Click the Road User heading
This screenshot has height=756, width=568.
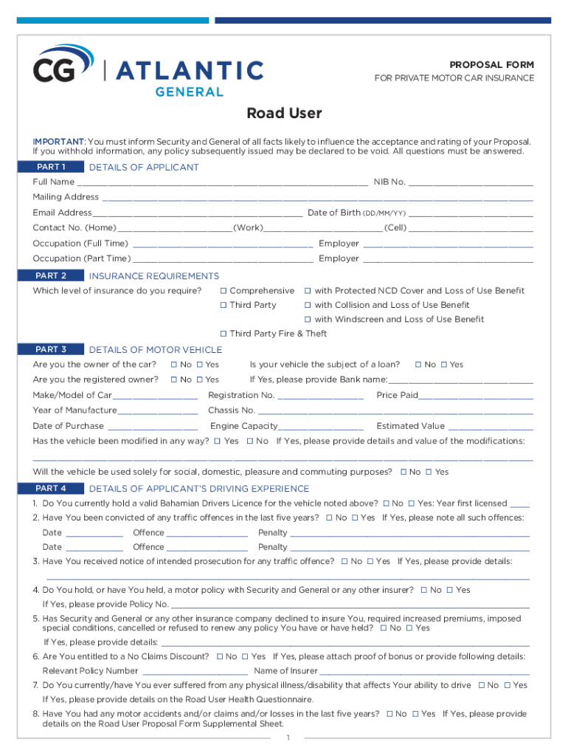point(284,114)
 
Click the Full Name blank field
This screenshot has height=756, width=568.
point(221,183)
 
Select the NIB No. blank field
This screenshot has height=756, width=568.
point(471,183)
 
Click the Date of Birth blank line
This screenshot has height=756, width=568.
point(471,213)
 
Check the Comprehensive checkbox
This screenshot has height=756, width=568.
point(224,291)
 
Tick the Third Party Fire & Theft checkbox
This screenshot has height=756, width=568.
point(224,334)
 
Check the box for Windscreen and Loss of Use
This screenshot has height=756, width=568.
point(308,320)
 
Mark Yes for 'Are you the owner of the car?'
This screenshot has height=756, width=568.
point(199,365)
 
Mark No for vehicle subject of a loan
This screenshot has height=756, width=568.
point(418,365)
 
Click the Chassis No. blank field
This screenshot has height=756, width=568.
point(395,411)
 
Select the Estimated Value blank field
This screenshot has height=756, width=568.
point(490,427)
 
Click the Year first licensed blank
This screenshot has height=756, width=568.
point(519,504)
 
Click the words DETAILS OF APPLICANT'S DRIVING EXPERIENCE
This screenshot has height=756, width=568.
point(199,489)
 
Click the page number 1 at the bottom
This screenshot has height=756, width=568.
point(287,738)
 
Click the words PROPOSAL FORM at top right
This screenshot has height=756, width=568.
point(492,65)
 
